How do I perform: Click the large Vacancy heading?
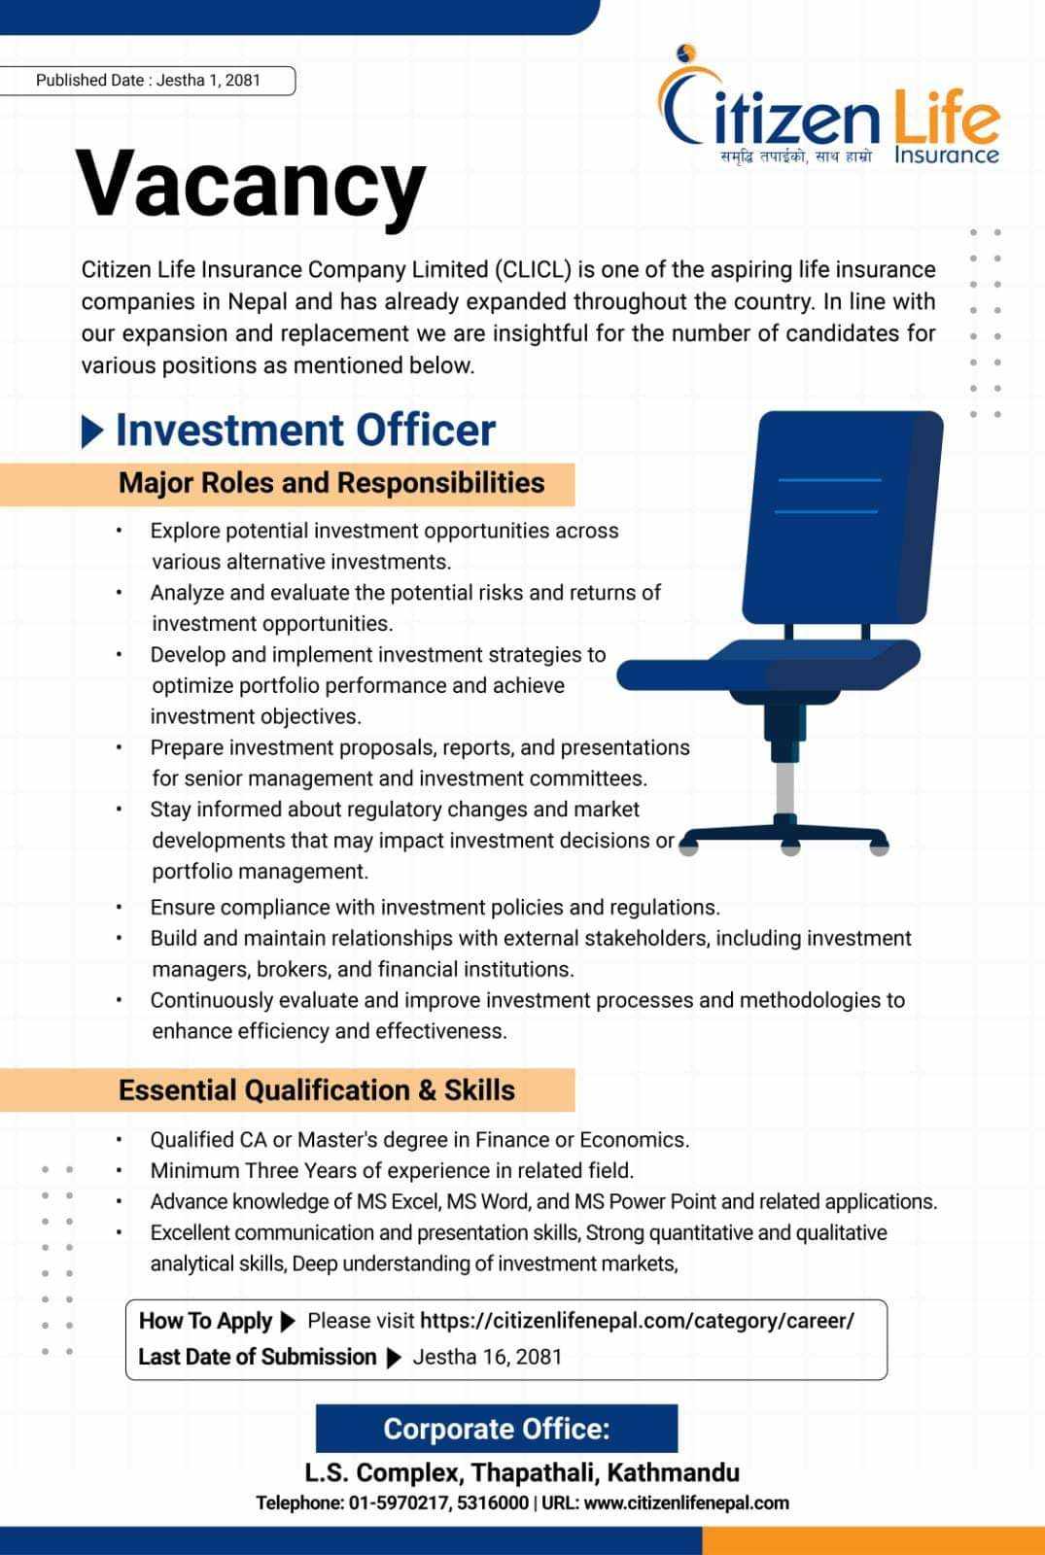point(251,185)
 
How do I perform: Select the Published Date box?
point(148,81)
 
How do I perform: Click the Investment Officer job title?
point(305,431)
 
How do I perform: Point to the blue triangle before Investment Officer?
point(92,432)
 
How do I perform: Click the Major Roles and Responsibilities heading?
point(331,483)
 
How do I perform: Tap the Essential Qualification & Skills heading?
point(316,1090)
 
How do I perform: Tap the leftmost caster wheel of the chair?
point(688,847)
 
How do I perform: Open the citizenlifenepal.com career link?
point(637,1321)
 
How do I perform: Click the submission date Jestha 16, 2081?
point(487,1357)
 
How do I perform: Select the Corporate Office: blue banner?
point(496,1429)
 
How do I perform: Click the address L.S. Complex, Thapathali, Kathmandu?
point(522,1472)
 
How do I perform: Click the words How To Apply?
point(205,1321)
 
